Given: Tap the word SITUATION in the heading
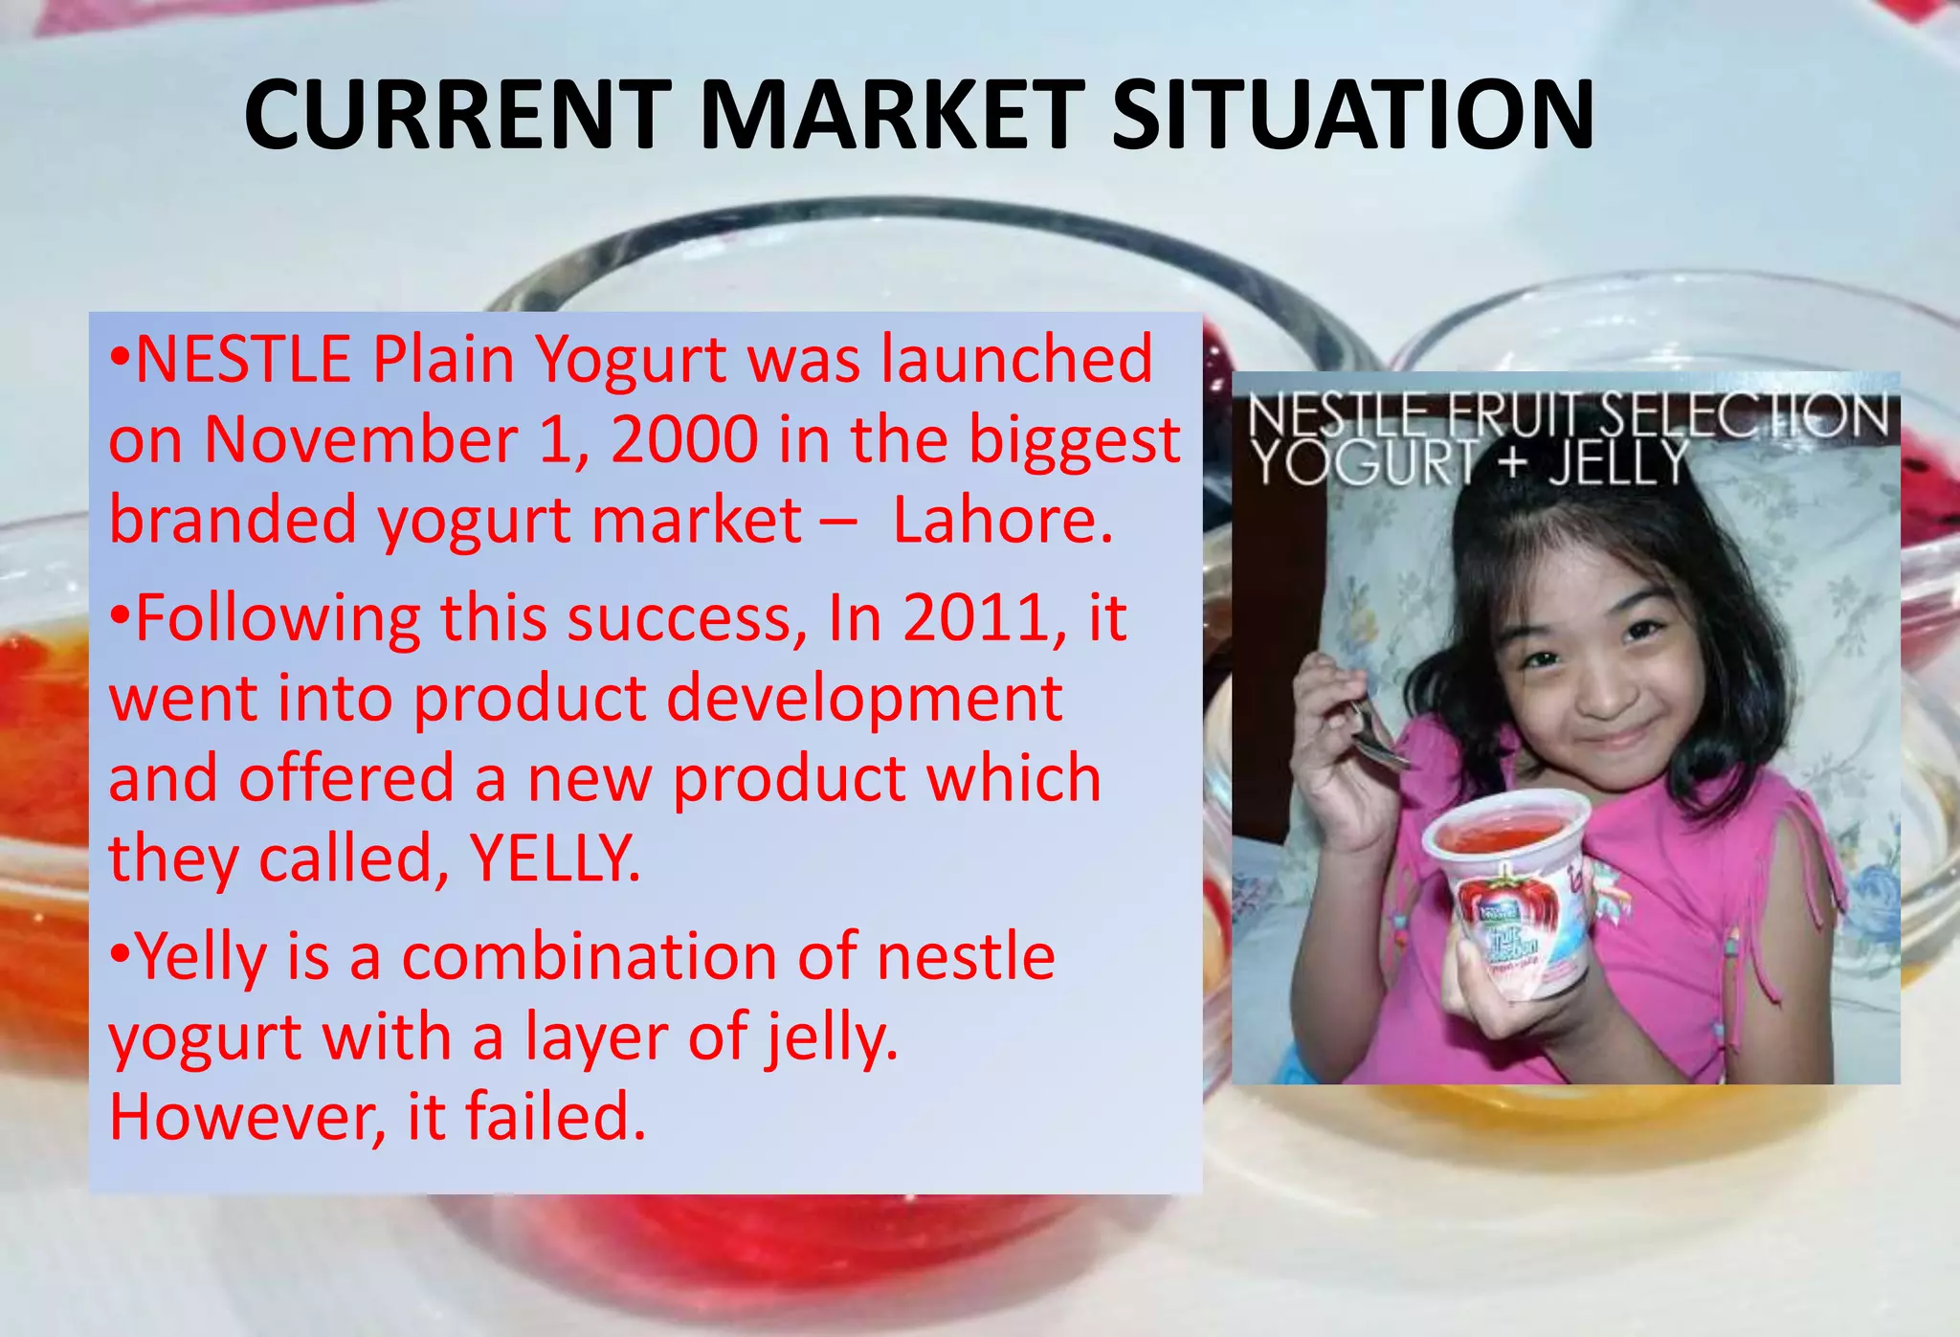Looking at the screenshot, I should point(1352,116).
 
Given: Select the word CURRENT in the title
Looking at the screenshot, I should point(457,116).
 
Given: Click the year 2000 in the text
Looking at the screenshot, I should point(684,440).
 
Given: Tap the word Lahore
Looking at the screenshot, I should point(1002,521).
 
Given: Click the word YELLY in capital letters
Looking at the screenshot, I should point(555,858).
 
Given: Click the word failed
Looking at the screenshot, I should point(555,1117).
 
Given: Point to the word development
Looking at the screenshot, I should point(863,699).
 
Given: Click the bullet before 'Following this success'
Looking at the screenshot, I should point(120,618).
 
